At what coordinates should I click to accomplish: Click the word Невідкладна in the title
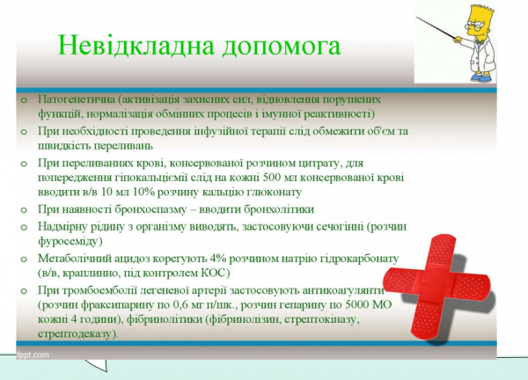pos(126,45)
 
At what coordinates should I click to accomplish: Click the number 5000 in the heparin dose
pos(358,304)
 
